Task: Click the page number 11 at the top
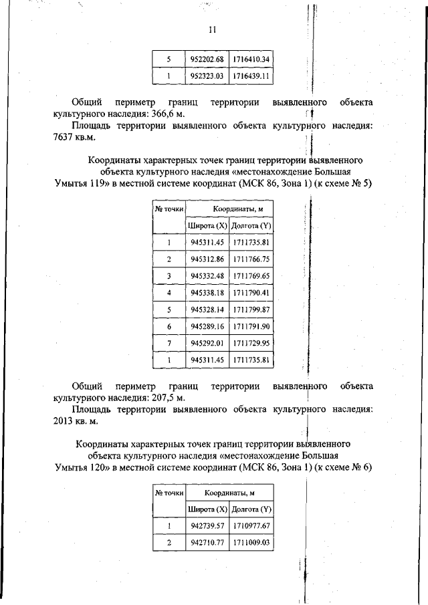(x=213, y=30)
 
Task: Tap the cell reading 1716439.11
(x=251, y=76)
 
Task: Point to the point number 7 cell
(x=169, y=343)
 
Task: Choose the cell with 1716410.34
(x=251, y=59)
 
